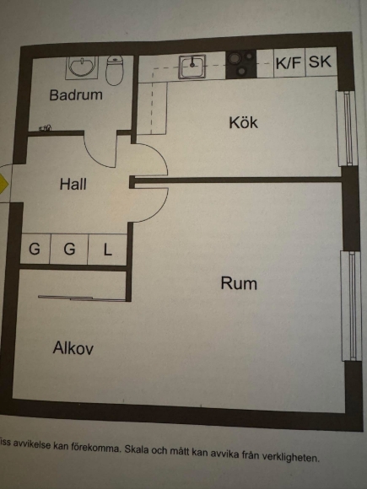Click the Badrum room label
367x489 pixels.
tap(76, 94)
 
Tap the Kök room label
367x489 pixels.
tap(244, 122)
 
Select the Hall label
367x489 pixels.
tap(73, 184)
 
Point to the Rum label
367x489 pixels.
tap(239, 283)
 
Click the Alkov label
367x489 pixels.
tap(73, 347)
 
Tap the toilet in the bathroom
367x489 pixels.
tap(115, 71)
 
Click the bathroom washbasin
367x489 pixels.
tap(82, 67)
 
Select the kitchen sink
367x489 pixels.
tap(192, 67)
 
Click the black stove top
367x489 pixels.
tap(241, 64)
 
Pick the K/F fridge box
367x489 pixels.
tap(289, 63)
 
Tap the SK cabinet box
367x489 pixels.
tap(321, 62)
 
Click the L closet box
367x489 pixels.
tap(107, 250)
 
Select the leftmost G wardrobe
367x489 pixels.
tap(35, 249)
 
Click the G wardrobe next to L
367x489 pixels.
tap(69, 250)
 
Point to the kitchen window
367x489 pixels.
tap(347, 128)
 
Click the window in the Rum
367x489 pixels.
tap(352, 305)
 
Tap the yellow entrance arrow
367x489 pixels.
tap(3, 184)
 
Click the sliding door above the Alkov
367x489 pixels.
tap(82, 298)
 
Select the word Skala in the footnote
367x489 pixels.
tap(136, 449)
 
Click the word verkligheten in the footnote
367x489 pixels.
tap(291, 457)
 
